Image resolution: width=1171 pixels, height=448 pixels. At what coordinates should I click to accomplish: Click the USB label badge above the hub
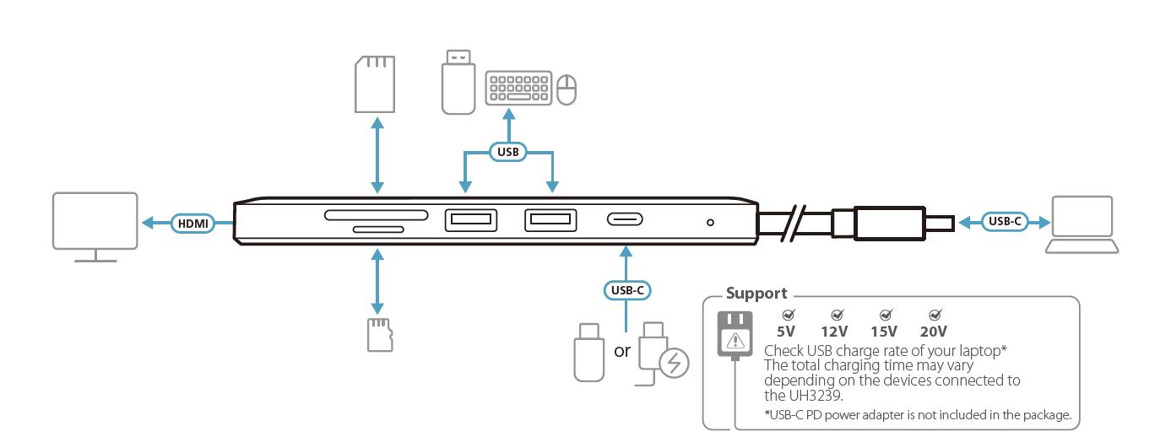[x=507, y=153]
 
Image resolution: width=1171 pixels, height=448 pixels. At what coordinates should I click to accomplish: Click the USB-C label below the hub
[x=626, y=289]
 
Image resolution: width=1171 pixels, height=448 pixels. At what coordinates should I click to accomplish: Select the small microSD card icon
[x=377, y=334]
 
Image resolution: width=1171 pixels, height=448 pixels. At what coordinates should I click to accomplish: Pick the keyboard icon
[x=518, y=88]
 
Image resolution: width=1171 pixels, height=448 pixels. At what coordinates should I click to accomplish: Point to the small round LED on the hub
[x=710, y=223]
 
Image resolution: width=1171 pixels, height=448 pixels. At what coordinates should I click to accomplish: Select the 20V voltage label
[x=934, y=332]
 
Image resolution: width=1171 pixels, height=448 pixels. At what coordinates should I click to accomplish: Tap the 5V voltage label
[x=786, y=332]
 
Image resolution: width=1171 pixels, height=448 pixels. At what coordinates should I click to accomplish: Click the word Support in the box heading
[x=757, y=294]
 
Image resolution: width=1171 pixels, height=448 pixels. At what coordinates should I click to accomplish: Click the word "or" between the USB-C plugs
[x=622, y=350]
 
